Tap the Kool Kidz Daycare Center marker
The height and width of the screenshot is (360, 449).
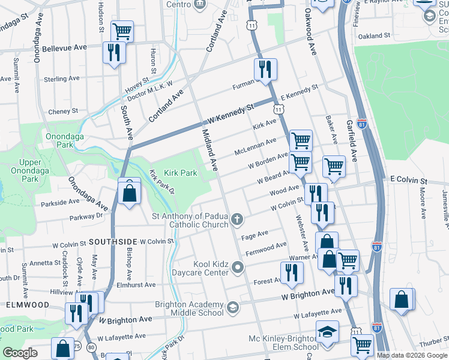pyautogui.click(x=238, y=268)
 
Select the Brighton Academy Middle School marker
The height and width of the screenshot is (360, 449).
pyautogui.click(x=232, y=308)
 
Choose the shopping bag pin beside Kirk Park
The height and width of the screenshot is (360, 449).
pyautogui.click(x=129, y=193)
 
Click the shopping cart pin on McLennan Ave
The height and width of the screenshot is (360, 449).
pyautogui.click(x=301, y=140)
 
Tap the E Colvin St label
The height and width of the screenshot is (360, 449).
pyautogui.click(x=408, y=180)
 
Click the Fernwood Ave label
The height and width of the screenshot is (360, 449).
pyautogui.click(x=266, y=247)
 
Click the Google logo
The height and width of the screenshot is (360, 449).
pyautogui.click(x=20, y=353)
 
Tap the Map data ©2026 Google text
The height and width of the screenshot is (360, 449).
pyautogui.click(x=412, y=355)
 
